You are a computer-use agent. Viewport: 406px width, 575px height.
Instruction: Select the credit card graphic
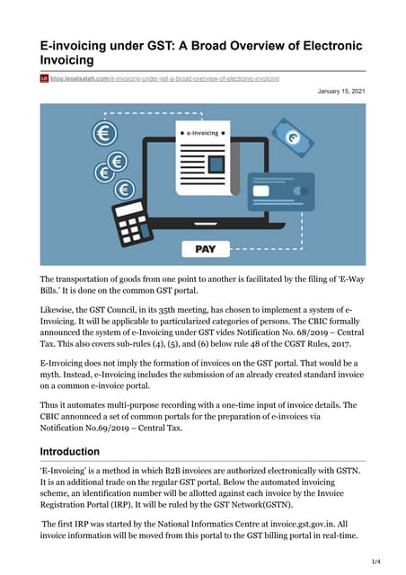pos(305,190)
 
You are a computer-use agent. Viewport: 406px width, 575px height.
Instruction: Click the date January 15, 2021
pos(341,92)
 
